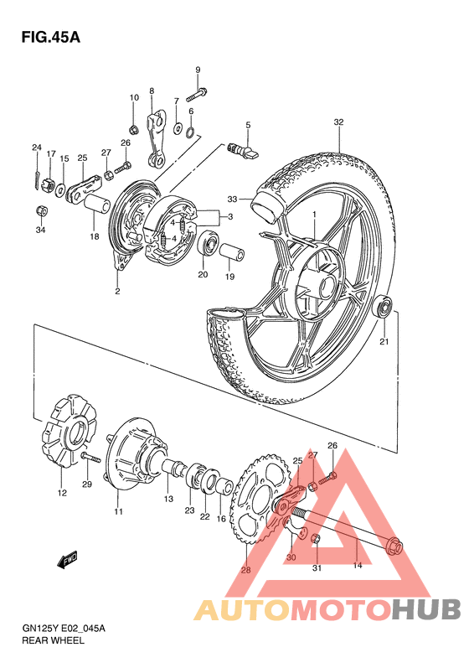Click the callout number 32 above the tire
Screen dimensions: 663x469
point(338,122)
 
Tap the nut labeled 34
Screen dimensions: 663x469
point(41,210)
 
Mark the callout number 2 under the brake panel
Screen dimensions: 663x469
point(117,291)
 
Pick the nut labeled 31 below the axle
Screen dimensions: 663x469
point(317,538)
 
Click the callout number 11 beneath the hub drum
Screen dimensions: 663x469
point(118,511)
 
